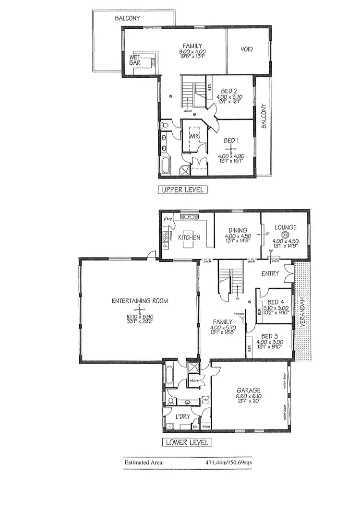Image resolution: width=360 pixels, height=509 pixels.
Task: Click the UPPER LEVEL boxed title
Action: tap(183, 189)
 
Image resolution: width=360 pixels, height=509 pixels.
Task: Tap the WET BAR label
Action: tap(135, 60)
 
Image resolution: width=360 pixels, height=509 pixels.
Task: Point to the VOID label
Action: tap(246, 49)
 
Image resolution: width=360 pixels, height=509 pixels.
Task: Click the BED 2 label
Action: tap(229, 91)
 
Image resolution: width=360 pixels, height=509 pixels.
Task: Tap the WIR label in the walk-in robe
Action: tap(194, 136)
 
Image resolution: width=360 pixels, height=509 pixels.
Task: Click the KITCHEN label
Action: tap(189, 238)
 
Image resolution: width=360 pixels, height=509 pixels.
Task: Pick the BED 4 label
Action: tap(276, 302)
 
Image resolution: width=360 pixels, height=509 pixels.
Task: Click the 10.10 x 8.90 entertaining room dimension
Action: tap(139, 317)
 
